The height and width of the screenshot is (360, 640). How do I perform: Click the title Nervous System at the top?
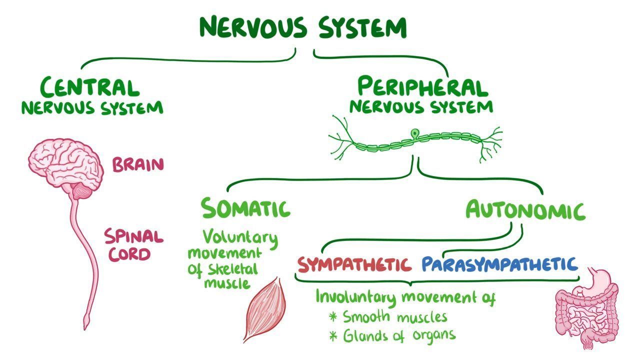303,27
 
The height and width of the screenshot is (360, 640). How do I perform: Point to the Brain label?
138,164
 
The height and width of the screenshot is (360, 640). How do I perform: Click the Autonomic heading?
525,210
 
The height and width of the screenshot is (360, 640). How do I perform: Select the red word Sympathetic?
354,263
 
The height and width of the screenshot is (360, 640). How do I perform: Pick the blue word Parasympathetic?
499,263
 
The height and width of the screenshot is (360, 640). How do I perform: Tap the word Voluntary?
240,236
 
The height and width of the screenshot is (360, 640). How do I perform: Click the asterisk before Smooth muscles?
333,317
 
